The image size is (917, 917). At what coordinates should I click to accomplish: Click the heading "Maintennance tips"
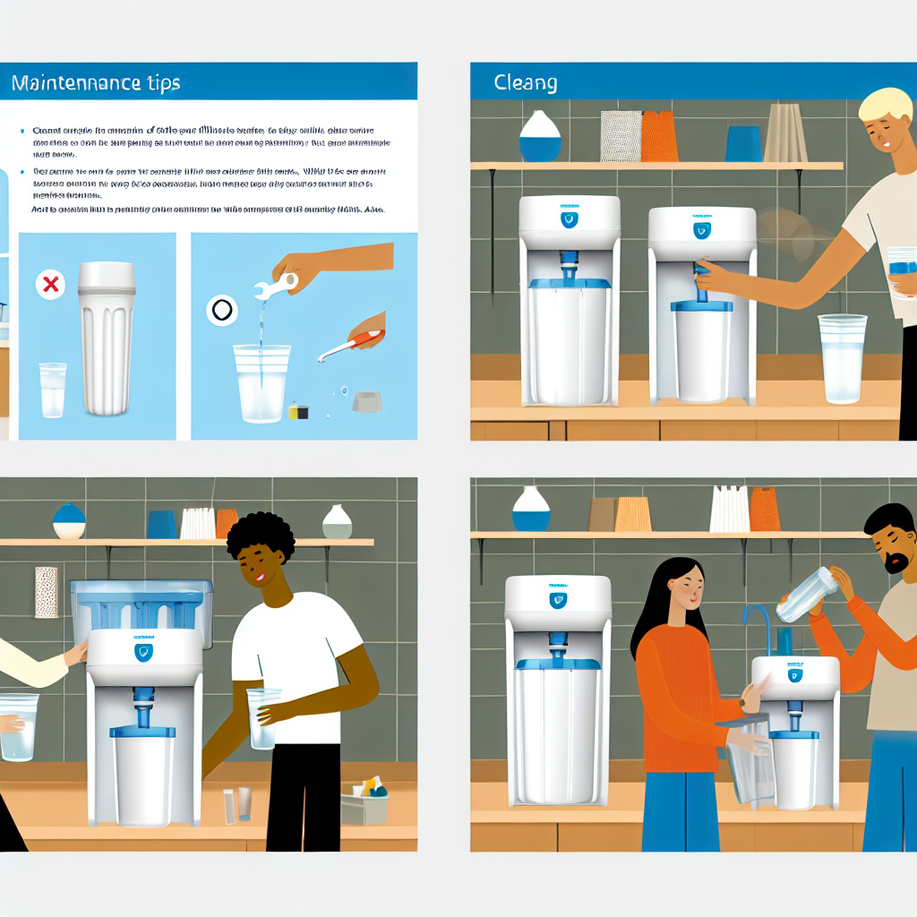96,83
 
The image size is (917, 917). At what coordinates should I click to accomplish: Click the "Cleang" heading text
526,83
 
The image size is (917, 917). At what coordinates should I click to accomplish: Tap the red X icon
51,285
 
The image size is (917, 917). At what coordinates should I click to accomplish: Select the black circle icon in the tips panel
220,311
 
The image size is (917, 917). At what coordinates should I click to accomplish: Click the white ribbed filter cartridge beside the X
106,339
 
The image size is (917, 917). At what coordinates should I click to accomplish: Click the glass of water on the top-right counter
842,357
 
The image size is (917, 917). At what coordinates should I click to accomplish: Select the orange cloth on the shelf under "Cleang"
659,136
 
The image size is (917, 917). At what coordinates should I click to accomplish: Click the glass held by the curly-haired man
262,717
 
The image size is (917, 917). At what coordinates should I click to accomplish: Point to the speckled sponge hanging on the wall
46,591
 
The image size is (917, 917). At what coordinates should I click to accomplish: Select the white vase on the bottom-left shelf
337,522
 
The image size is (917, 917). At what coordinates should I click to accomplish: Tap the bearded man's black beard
895,563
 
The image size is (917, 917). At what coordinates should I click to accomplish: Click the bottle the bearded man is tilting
807,595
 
